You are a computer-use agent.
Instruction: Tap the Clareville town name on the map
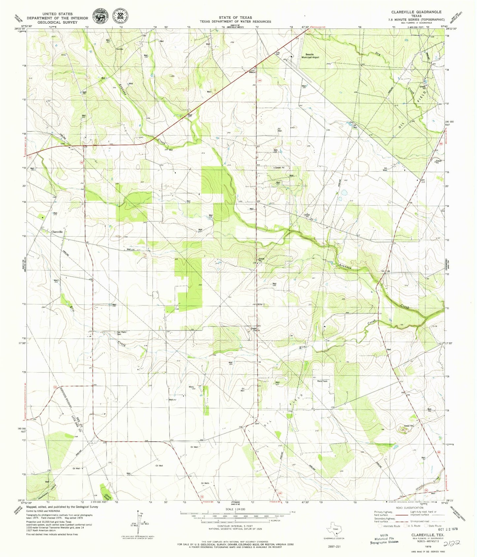coord(57,232)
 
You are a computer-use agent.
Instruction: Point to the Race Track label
coord(322,381)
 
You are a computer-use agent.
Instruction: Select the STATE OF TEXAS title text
coord(235,17)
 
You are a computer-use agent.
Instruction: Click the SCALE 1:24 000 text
coord(235,509)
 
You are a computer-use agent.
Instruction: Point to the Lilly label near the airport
coord(278,52)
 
